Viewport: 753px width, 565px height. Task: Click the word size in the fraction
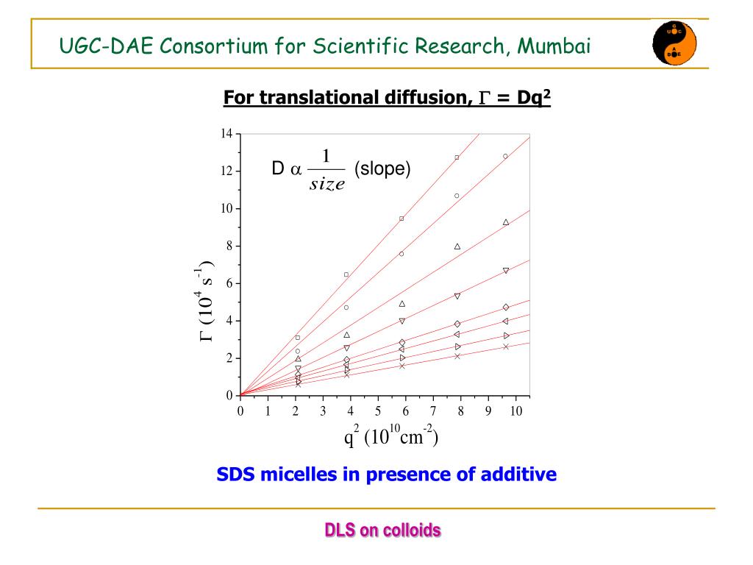[x=327, y=185]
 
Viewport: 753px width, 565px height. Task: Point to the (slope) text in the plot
[x=382, y=169]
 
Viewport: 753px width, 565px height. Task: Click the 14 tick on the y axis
[x=226, y=134]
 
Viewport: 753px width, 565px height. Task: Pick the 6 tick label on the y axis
[x=229, y=283]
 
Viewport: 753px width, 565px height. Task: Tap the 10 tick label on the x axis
[x=515, y=411]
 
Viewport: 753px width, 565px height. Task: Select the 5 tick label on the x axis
[x=378, y=411]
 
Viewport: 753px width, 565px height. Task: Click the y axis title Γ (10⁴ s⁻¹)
[x=205, y=302]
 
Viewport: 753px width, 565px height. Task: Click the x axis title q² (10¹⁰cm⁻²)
[x=391, y=438]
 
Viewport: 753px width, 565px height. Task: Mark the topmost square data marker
[x=457, y=157]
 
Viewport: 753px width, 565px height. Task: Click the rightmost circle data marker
[x=505, y=156]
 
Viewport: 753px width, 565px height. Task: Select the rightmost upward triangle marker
[x=506, y=222]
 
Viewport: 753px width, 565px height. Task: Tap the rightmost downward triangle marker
[x=506, y=271]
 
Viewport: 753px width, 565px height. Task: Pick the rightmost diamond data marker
[x=506, y=307]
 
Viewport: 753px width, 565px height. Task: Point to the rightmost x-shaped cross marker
[x=506, y=347]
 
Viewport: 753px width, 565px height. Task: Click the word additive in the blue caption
[x=518, y=475]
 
